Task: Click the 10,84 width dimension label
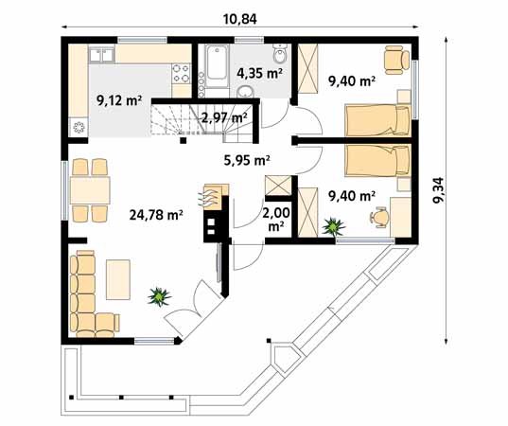point(239,19)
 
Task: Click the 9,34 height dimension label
point(438,190)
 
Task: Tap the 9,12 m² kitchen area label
point(119,101)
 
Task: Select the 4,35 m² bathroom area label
point(259,73)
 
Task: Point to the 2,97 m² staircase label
point(224,117)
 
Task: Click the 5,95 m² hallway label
point(247,160)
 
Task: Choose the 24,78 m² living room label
point(156,215)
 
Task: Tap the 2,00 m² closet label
point(276,220)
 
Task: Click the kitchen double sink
point(102,55)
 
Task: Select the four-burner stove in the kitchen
point(181,73)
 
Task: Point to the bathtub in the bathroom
point(217,66)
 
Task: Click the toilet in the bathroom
point(280,54)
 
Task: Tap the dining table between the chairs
point(90,190)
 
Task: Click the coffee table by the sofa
point(118,280)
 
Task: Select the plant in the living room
point(159,296)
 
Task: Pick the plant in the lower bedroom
point(333,227)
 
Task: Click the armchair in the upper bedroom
point(397,59)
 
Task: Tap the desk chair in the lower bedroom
point(379,217)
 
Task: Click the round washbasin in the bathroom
point(245,93)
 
